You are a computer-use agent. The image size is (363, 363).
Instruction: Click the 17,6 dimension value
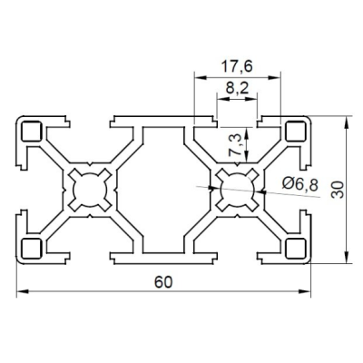pyautogui.click(x=237, y=66)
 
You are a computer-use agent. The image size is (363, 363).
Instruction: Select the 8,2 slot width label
pyautogui.click(x=237, y=89)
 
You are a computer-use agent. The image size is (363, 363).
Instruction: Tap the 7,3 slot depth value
pyautogui.click(x=236, y=144)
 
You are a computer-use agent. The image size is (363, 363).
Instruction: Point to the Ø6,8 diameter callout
pyautogui.click(x=300, y=184)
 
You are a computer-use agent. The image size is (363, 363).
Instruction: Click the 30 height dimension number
pyautogui.click(x=338, y=190)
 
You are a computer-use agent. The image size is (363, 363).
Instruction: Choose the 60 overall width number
pyautogui.click(x=163, y=282)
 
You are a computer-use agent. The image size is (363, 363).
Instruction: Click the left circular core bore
pyautogui.click(x=89, y=190)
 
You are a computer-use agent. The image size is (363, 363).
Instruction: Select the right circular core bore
pyautogui.click(x=237, y=190)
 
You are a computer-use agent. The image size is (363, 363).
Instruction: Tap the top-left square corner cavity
pyautogui.click(x=31, y=132)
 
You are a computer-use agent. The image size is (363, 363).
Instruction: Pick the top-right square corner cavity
pyautogui.click(x=296, y=132)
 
